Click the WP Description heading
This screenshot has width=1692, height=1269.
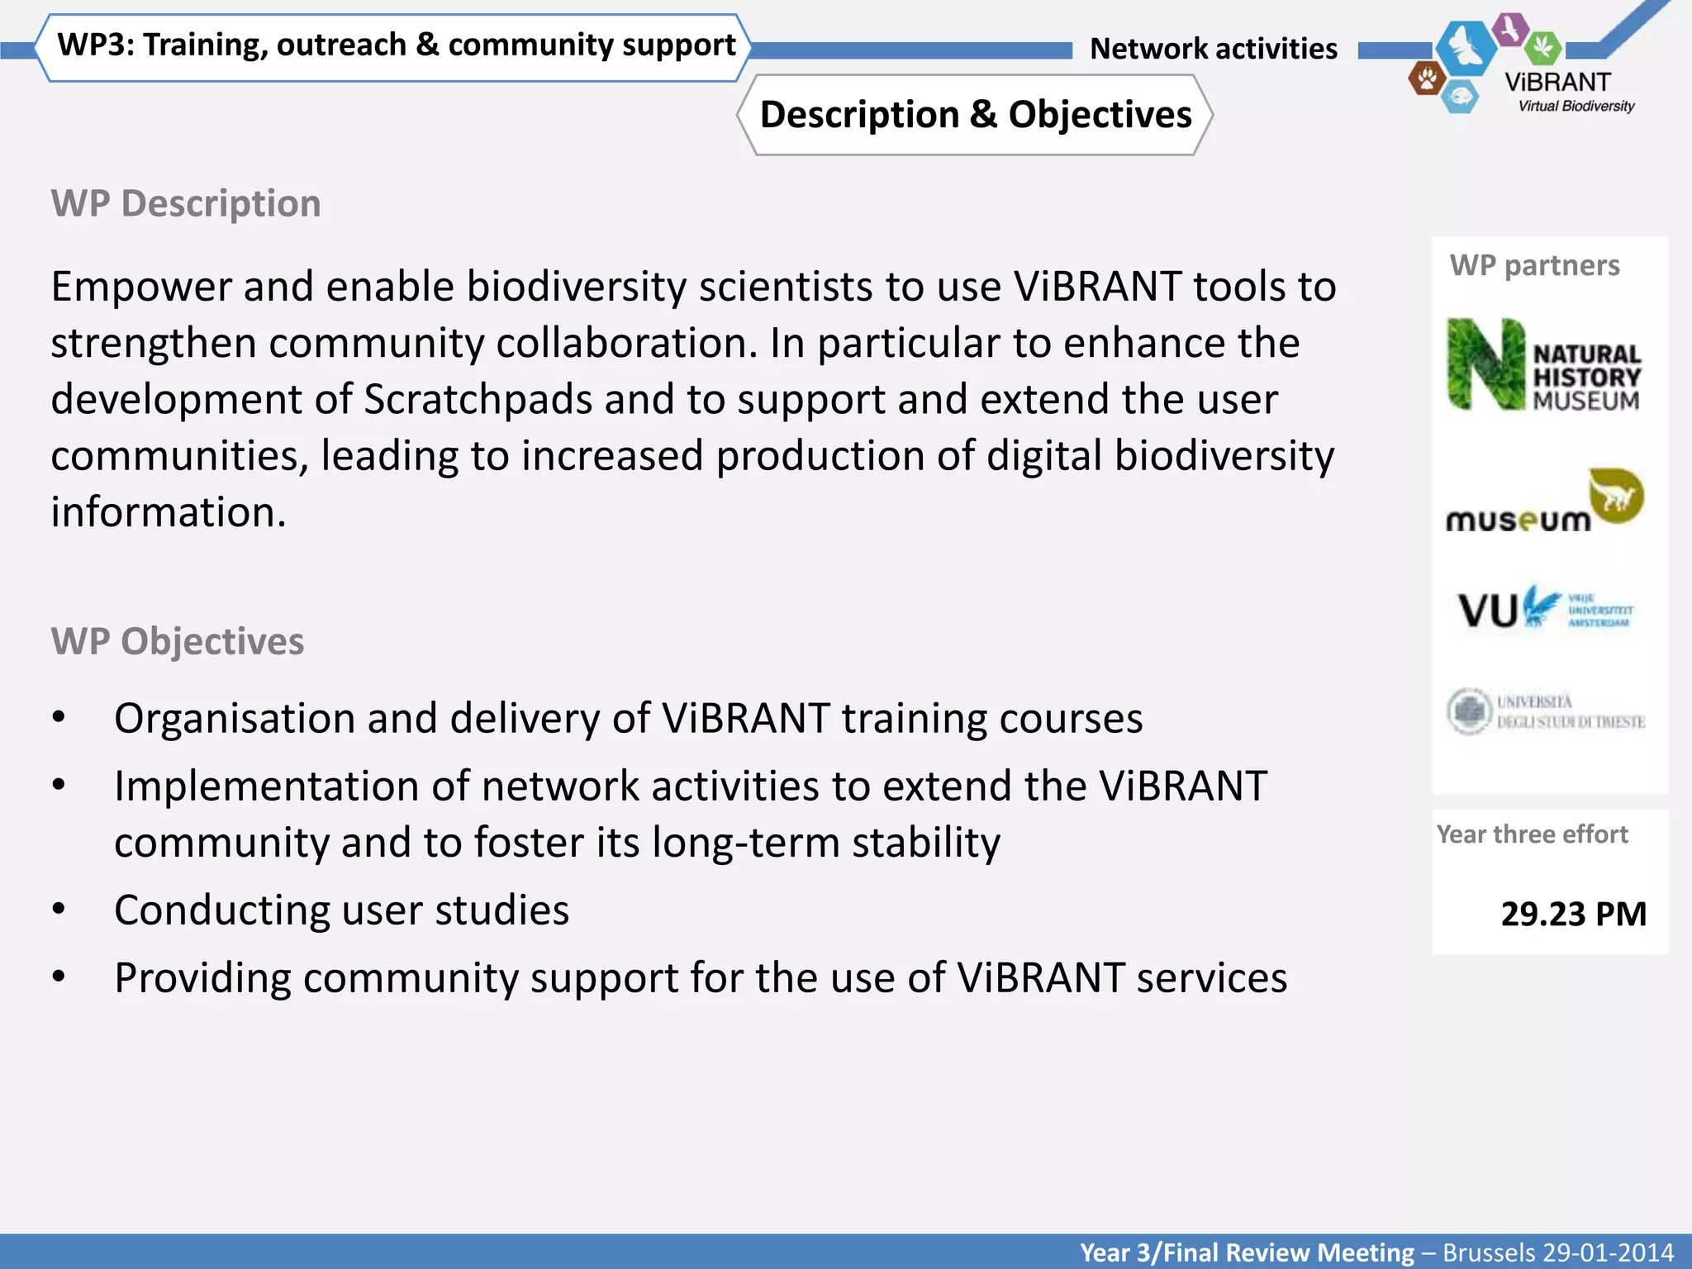(186, 203)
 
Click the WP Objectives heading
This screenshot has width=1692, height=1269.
(178, 641)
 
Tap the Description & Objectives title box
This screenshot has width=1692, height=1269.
(975, 115)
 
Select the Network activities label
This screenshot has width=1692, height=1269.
(1213, 49)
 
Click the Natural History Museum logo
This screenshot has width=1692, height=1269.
(1544, 365)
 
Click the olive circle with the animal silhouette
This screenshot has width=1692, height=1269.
(1617, 496)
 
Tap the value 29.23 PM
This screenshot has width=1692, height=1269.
(1573, 914)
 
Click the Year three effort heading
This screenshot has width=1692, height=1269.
(1532, 834)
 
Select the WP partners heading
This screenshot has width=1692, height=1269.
(1534, 265)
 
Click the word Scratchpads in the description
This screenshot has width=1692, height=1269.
(478, 400)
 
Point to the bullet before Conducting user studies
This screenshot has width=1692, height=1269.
(59, 910)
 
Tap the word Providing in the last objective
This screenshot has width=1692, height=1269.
(202, 978)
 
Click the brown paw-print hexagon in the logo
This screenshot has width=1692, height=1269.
(1426, 79)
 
